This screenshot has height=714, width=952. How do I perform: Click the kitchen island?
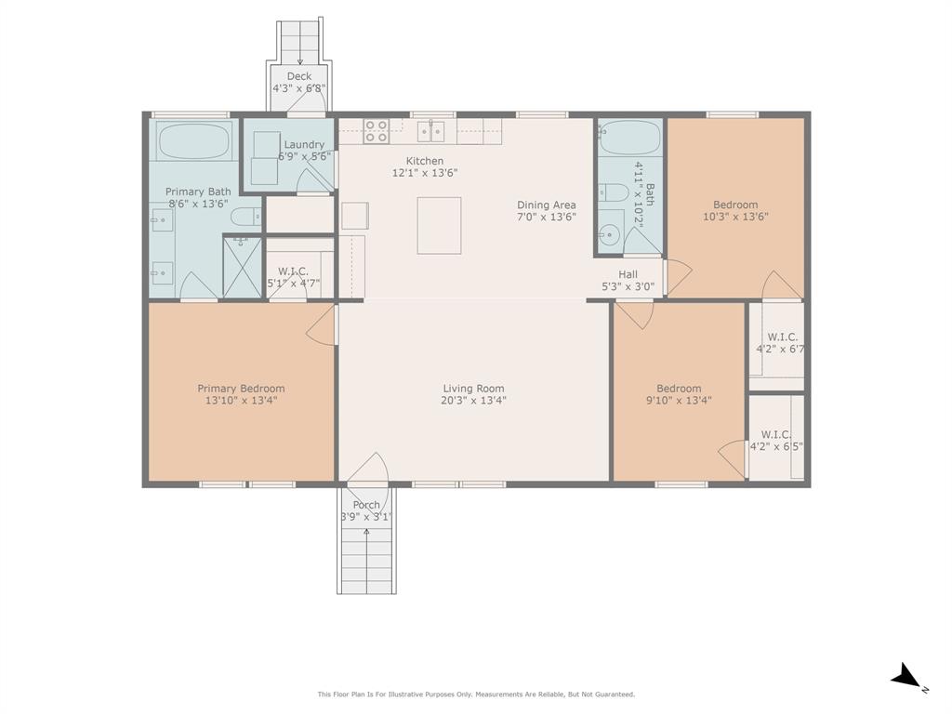tap(439, 225)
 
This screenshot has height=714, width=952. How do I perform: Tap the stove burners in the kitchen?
tap(376, 131)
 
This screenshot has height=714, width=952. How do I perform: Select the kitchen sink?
tap(430, 131)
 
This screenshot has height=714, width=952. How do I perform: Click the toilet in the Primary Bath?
tap(245, 218)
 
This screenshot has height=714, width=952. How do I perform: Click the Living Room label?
tap(473, 389)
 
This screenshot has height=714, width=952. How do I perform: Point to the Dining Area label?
tap(547, 205)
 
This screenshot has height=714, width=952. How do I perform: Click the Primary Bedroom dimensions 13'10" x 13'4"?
tap(241, 401)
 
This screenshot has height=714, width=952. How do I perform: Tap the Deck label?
tap(298, 76)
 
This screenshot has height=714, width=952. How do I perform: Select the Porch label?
tap(366, 505)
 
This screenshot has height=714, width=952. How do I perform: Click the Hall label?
tap(628, 274)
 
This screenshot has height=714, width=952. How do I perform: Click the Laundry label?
tap(304, 144)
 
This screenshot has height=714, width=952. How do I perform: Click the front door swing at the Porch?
tap(369, 469)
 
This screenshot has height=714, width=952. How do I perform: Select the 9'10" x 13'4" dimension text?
tap(679, 401)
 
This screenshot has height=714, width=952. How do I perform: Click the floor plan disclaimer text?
tap(476, 694)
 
